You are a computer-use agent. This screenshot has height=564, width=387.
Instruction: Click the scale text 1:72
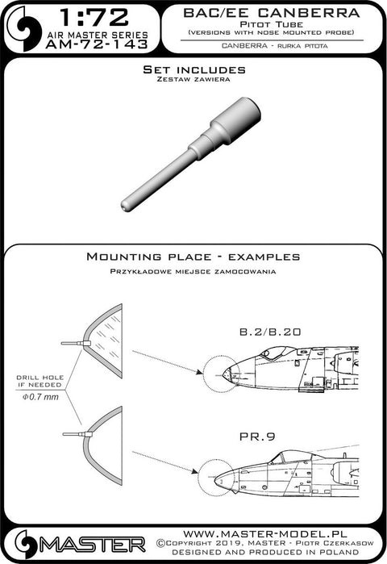click(x=94, y=17)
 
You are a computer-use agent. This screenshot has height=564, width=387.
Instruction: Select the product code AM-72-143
click(x=97, y=44)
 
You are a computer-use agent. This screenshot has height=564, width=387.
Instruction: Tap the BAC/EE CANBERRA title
click(x=272, y=13)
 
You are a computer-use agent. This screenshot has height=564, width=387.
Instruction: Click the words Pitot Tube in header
click(x=272, y=24)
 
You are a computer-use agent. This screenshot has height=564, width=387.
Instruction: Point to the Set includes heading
click(x=194, y=69)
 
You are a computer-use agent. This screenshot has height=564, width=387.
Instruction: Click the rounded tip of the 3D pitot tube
click(x=125, y=206)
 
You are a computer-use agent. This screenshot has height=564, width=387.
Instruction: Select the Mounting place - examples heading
click(x=193, y=257)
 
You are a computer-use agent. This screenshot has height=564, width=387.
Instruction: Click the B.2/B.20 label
click(x=270, y=332)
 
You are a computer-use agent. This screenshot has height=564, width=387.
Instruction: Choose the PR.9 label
click(x=257, y=437)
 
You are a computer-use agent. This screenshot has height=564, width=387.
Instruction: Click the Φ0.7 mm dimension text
click(x=40, y=397)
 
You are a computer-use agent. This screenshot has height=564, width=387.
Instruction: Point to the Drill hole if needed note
click(x=40, y=381)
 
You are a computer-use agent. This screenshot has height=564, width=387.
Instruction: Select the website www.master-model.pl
click(x=264, y=533)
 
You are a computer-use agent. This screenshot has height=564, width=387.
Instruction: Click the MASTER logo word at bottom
click(x=93, y=545)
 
